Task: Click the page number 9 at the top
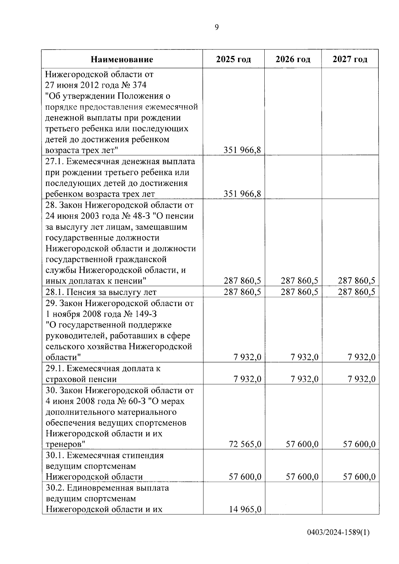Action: click(217, 27)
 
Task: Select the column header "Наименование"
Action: click(122, 59)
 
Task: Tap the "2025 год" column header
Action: click(233, 59)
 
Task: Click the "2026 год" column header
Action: click(293, 59)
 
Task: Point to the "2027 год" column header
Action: click(350, 59)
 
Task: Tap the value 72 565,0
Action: click(245, 444)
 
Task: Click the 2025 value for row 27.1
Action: click(242, 194)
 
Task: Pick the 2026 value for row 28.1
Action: click(299, 292)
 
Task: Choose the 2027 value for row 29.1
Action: click(361, 379)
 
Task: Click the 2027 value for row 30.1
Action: click(359, 477)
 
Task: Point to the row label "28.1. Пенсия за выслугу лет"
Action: click(101, 292)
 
